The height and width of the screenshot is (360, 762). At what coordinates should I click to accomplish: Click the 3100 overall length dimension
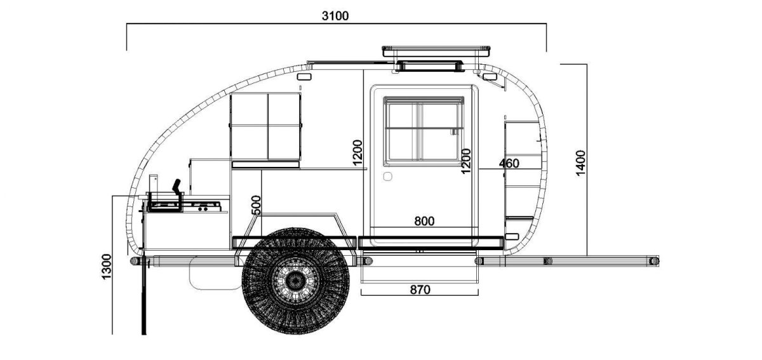pos(335,16)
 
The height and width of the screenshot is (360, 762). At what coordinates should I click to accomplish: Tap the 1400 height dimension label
pos(580,163)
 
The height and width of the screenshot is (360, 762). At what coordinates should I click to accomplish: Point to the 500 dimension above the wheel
pos(256,206)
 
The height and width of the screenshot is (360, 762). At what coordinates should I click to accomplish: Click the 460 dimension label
pos(509,164)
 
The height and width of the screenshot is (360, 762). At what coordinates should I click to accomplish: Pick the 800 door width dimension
pos(424,222)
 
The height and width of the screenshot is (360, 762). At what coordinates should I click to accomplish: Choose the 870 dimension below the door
pos(420,290)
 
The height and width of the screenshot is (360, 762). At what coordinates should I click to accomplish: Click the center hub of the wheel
pos(295,279)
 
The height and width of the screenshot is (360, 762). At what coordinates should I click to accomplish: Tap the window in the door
pos(424,130)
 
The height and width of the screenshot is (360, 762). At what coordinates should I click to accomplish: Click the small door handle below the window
pos(388,176)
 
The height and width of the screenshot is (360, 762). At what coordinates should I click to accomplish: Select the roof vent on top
pos(437,49)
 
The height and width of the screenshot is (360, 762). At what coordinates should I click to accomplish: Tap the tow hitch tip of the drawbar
pos(654,260)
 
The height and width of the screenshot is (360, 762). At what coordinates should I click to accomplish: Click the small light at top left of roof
pos(304,76)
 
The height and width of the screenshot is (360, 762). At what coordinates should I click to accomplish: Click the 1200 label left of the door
pos(358,154)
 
